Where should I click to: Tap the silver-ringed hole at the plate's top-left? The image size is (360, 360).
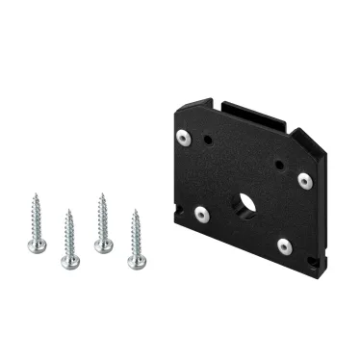(x=208, y=141)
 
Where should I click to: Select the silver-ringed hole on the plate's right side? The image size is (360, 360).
(x=304, y=179)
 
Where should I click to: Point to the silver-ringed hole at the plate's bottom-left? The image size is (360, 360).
(x=202, y=215)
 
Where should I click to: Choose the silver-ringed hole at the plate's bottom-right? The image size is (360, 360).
(x=284, y=246)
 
